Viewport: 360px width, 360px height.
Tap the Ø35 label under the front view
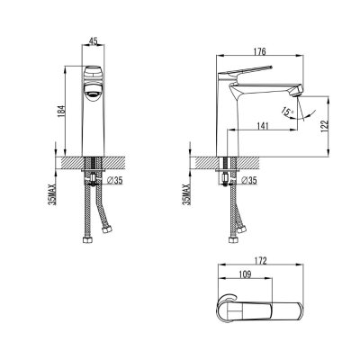point(114,181)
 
